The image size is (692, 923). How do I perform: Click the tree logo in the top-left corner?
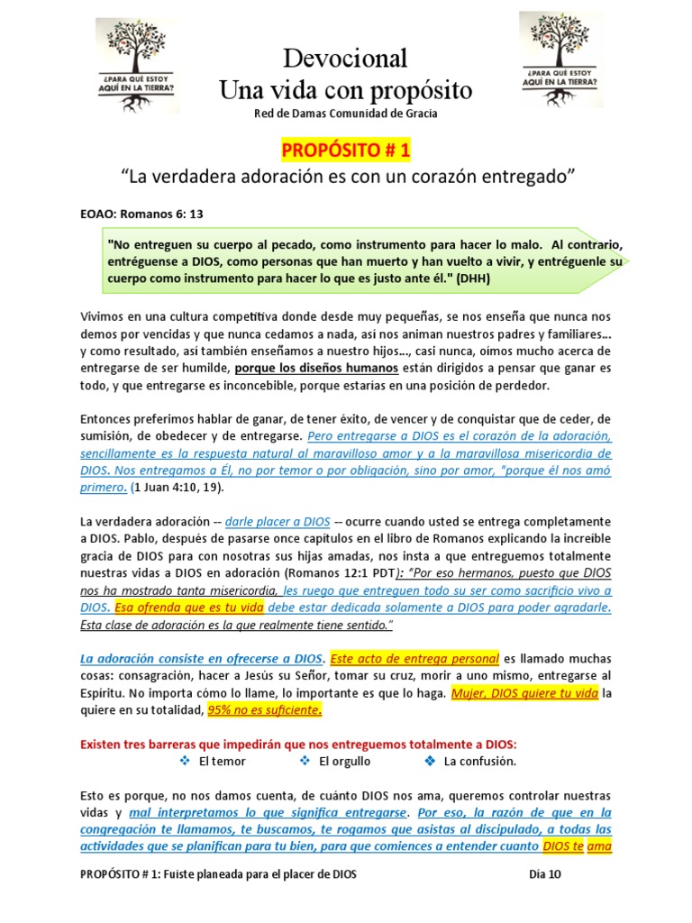(x=137, y=65)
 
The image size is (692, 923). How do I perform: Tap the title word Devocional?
(x=345, y=59)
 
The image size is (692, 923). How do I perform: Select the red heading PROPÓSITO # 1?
(x=346, y=149)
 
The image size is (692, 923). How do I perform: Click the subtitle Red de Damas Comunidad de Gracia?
(x=346, y=114)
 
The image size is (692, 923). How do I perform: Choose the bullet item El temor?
(x=223, y=762)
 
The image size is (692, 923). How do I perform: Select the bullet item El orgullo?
(x=345, y=762)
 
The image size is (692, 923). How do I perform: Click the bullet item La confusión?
(x=480, y=762)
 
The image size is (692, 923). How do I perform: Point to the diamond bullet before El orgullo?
(x=305, y=762)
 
